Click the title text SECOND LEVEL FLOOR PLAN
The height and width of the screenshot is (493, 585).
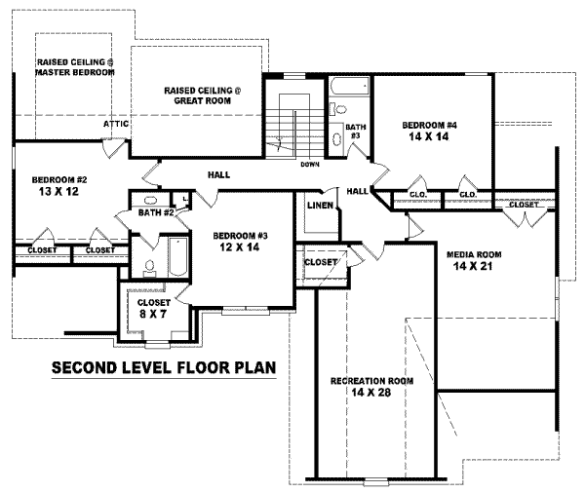tap(163, 368)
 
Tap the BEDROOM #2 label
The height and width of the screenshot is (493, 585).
tap(59, 180)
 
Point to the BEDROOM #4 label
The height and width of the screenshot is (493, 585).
tap(430, 126)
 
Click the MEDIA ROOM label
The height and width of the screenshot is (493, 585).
tap(473, 255)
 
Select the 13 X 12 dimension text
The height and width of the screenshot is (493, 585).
tap(59, 193)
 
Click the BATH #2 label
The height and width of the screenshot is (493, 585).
tap(156, 212)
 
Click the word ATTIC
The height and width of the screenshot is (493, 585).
tap(118, 125)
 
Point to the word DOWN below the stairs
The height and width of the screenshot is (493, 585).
tap(310, 164)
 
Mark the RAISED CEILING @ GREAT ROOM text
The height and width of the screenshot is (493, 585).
tap(202, 95)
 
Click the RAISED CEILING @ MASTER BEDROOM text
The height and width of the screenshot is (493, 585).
tap(75, 68)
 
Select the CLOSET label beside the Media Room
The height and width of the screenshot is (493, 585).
tap(524, 204)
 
